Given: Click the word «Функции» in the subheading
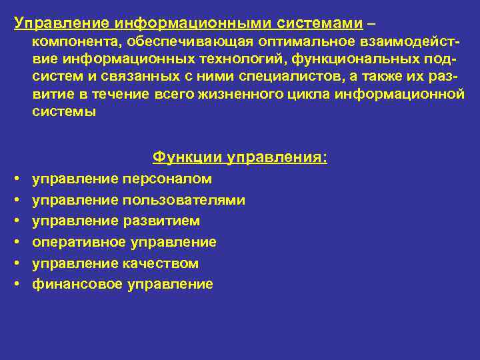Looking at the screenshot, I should tap(187, 157).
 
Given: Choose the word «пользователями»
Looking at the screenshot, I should tap(184, 200).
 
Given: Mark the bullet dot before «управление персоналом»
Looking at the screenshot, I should tap(15, 179).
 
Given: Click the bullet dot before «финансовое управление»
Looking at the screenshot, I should tap(15, 285).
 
